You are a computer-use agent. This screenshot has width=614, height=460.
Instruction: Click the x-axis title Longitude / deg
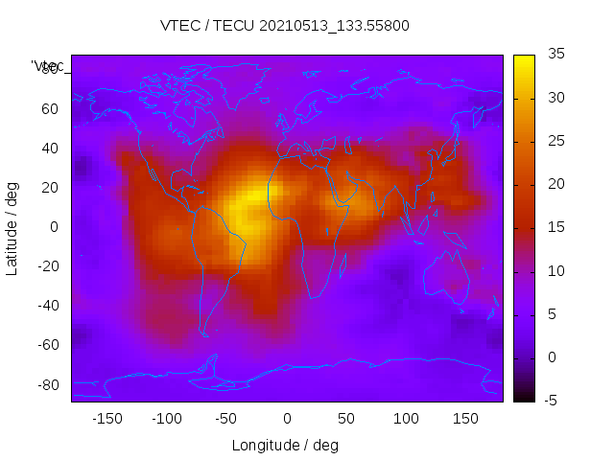coord(285,446)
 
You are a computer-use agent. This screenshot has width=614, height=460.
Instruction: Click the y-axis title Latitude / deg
coord(12,227)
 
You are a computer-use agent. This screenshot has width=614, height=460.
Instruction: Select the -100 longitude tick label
coord(167,419)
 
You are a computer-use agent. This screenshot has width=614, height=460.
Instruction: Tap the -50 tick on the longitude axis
coord(226,419)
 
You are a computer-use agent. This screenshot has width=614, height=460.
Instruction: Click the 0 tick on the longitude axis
coord(287,419)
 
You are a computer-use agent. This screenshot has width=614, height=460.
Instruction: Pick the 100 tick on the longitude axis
coord(406,419)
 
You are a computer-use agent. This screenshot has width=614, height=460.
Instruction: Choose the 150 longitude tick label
coord(465,419)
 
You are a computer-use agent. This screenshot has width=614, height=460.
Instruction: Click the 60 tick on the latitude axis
coord(50,109)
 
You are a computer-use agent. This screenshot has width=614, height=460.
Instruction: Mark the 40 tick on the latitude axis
coord(50,149)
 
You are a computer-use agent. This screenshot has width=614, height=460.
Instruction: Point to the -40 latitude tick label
coord(47,306)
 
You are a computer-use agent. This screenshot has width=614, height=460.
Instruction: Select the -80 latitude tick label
coord(47,384)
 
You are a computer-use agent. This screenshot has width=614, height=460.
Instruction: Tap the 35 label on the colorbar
coord(555,55)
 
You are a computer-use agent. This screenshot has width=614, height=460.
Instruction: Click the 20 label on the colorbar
coord(555,184)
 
